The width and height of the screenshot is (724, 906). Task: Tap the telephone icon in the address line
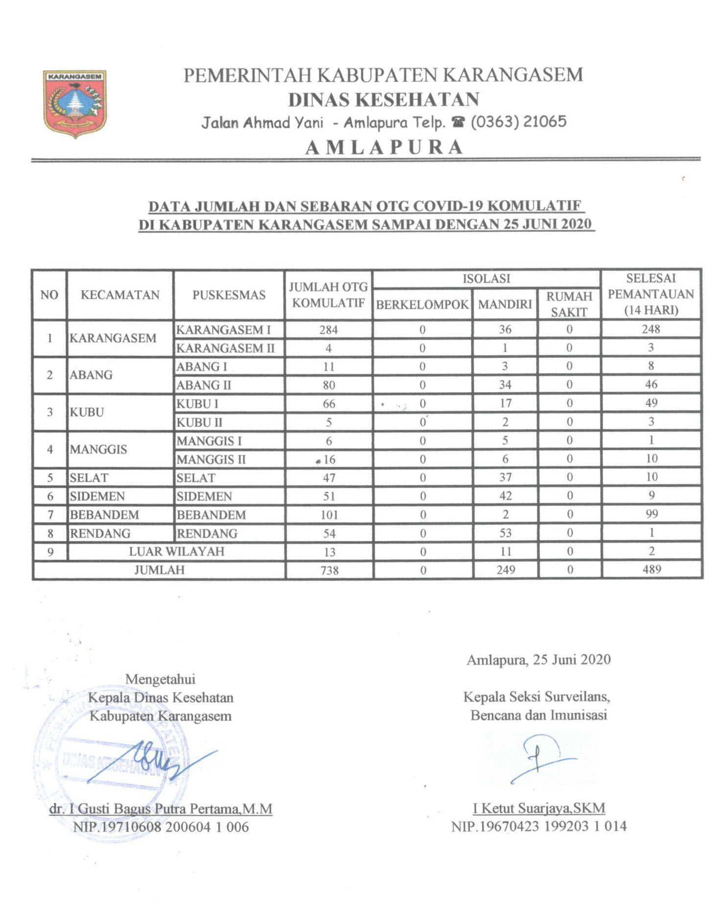tap(458, 122)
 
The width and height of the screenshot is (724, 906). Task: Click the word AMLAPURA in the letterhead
tap(384, 147)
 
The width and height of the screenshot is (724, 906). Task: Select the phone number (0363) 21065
tap(518, 122)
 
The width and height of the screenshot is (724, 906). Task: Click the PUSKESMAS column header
tap(229, 295)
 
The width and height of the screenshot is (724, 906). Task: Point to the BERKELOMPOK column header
tap(422, 305)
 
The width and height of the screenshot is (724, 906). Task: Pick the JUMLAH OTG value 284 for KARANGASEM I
tap(328, 330)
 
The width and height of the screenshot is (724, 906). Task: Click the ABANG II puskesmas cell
tap(204, 385)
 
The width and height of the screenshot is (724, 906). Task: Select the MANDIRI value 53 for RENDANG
tap(505, 533)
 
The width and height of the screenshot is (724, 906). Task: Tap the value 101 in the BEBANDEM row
tap(329, 515)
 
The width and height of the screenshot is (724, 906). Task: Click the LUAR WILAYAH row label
tap(176, 551)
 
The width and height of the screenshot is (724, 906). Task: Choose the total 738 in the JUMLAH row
tap(329, 570)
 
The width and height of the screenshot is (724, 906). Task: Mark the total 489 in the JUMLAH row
tap(652, 570)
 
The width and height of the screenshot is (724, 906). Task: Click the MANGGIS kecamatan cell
tap(98, 449)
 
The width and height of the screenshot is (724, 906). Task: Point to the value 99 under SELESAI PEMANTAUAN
tap(652, 514)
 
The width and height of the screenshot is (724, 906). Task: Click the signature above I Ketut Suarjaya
tap(539, 757)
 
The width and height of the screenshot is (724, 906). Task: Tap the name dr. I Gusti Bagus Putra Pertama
tap(161, 809)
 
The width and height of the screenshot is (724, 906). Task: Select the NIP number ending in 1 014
tap(539, 827)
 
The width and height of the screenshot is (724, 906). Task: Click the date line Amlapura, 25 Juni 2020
tap(538, 660)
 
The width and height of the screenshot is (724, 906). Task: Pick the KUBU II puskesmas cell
tap(199, 422)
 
